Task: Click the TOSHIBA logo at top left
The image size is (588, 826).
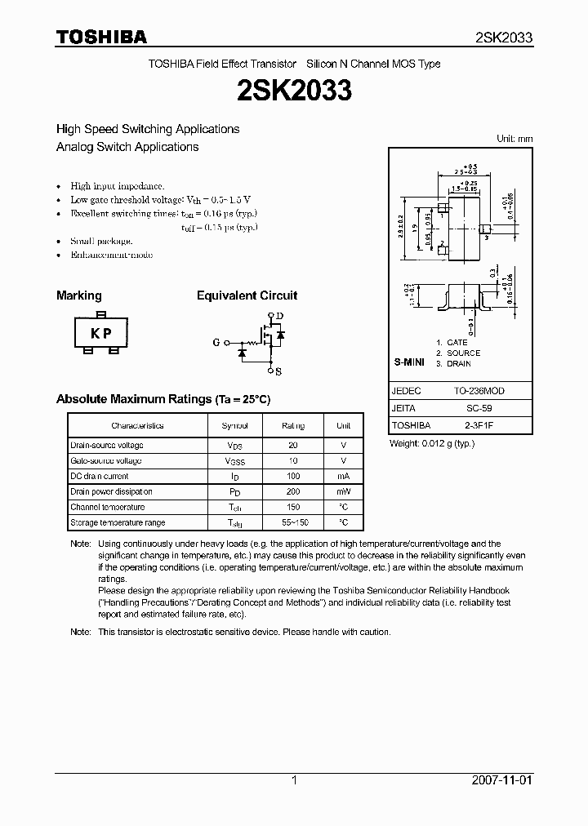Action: [101, 37]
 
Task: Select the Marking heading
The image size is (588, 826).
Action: [78, 295]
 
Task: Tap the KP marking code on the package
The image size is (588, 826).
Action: [100, 333]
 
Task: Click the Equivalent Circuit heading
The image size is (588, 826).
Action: [247, 295]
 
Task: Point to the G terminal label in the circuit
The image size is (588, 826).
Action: [216, 343]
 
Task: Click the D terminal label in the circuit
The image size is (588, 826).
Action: [279, 316]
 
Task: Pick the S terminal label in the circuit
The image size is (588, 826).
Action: [278, 371]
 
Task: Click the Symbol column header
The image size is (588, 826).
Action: [235, 426]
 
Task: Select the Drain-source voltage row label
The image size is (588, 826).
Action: [107, 446]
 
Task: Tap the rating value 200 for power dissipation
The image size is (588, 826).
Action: [292, 492]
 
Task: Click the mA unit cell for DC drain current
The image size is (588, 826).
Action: [343, 477]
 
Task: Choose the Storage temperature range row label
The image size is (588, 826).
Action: [118, 522]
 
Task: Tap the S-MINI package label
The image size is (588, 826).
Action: [409, 361]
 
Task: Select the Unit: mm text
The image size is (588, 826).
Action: [514, 139]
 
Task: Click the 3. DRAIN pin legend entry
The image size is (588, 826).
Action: [453, 363]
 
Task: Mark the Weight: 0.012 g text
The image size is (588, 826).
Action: [432, 443]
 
